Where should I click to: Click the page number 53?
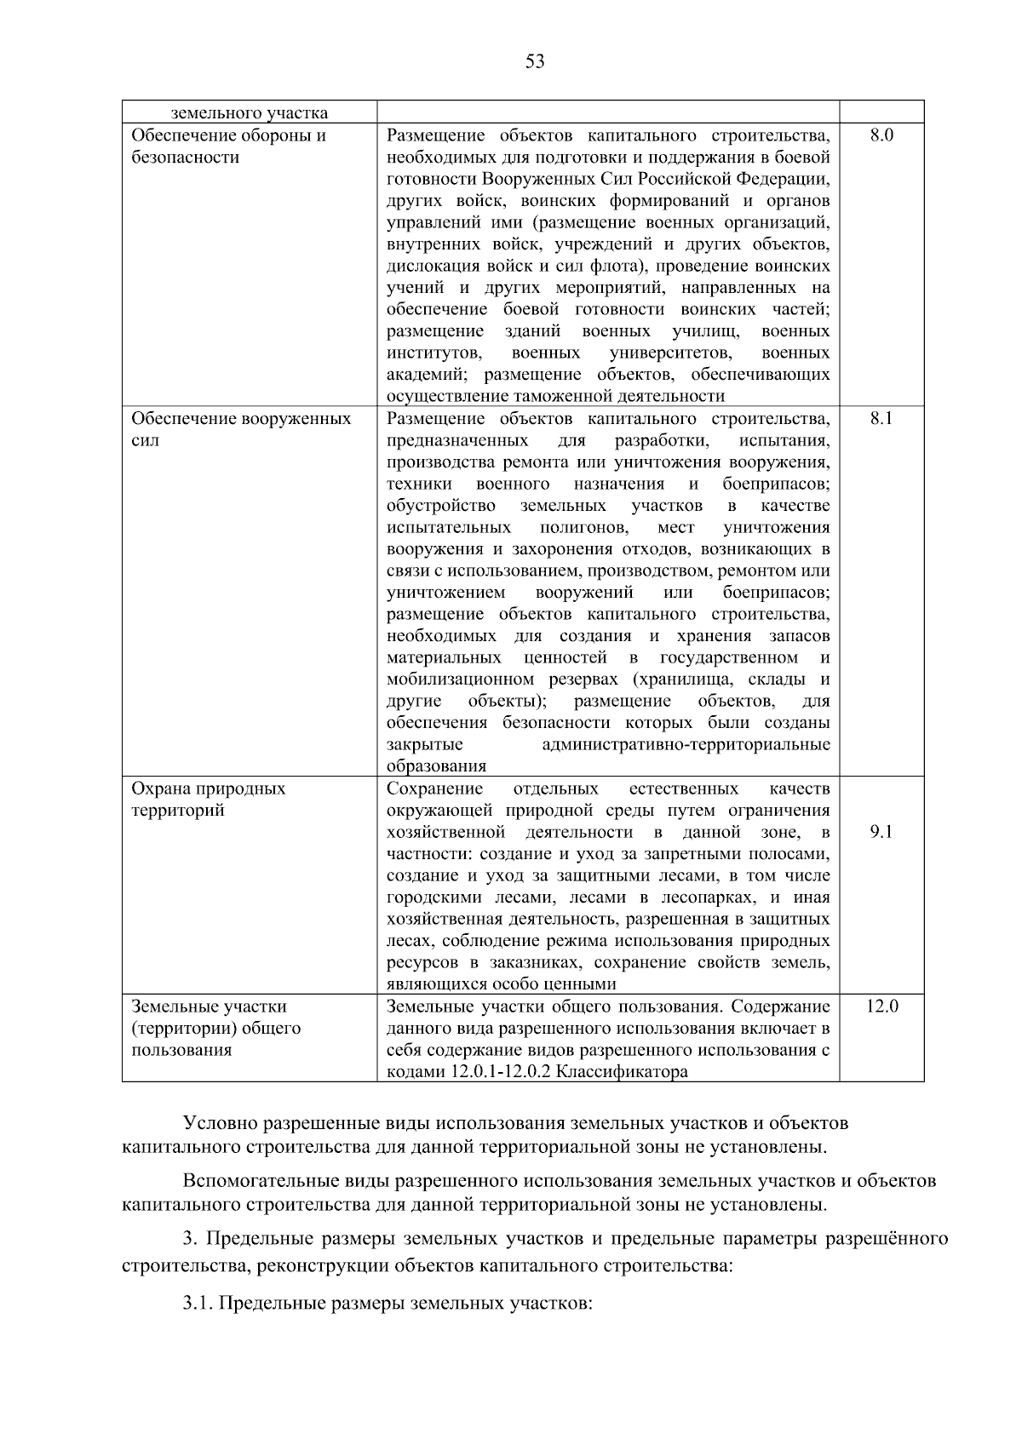[x=535, y=61]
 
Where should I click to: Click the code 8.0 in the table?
[x=881, y=135]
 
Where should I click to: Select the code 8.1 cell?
[x=881, y=419]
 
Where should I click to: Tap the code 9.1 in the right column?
[x=881, y=832]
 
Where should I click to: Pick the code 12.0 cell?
[x=881, y=1006]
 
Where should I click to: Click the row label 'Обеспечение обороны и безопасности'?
[x=228, y=146]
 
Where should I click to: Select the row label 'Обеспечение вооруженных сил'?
[x=240, y=429]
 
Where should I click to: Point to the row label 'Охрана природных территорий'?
[x=208, y=799]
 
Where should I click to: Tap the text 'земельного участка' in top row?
[x=250, y=113]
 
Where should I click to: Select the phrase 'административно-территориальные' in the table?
[x=686, y=745]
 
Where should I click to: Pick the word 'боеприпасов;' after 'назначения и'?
[x=776, y=485]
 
